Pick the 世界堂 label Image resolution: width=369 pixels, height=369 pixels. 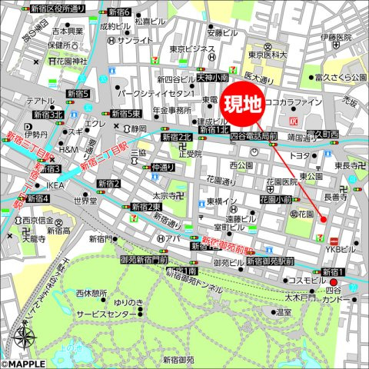click(x=84, y=201)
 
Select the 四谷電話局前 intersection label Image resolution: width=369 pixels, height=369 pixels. click(x=254, y=136)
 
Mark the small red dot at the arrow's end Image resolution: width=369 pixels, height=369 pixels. click(x=323, y=221)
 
